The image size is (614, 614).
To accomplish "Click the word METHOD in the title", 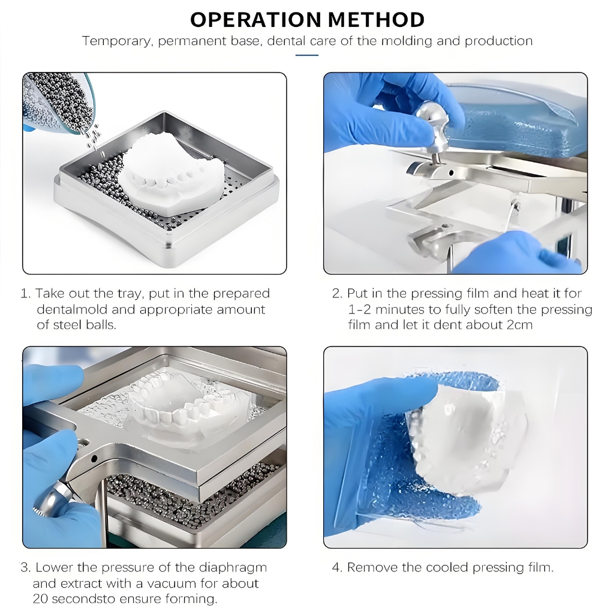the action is click(x=377, y=19).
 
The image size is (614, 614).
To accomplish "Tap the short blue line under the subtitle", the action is click(x=306, y=55).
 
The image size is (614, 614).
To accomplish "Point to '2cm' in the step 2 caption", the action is click(x=520, y=325).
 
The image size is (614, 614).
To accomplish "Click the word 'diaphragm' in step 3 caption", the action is click(x=233, y=568).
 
